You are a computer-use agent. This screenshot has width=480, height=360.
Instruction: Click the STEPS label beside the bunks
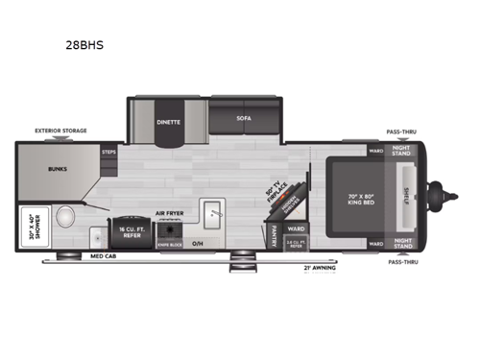108,151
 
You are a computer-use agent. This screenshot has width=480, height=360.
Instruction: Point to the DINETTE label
169,123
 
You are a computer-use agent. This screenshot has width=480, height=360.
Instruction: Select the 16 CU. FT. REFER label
131,231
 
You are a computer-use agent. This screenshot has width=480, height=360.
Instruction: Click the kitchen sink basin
213,213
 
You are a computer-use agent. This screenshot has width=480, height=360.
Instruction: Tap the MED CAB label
104,257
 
